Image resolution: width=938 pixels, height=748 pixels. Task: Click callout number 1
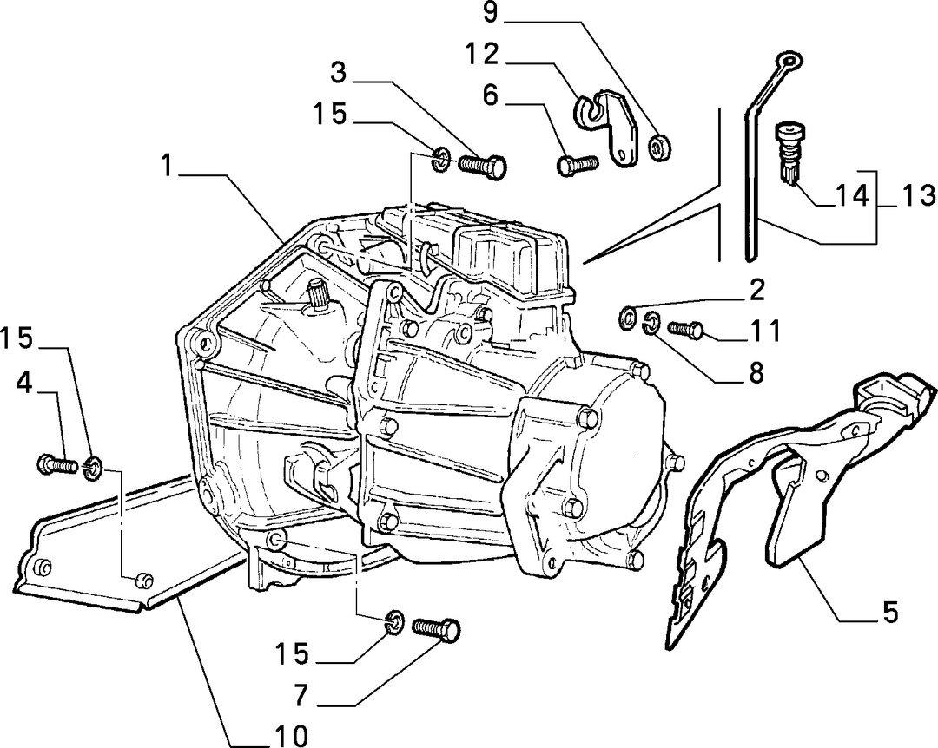(x=168, y=166)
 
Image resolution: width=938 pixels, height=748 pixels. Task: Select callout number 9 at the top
(x=491, y=12)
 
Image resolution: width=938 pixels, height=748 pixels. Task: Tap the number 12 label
(x=482, y=55)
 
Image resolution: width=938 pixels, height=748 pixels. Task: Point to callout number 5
(x=891, y=613)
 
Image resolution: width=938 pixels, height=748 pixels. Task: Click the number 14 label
(x=852, y=195)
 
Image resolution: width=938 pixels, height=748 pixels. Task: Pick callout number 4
(x=24, y=384)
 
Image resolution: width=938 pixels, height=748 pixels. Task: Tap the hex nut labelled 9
(x=661, y=148)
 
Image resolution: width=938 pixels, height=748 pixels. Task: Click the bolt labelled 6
(x=578, y=164)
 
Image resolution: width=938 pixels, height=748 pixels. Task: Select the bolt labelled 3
(x=483, y=164)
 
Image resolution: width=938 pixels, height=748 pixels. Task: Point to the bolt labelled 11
(x=686, y=328)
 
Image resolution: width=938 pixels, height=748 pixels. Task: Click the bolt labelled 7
(x=437, y=629)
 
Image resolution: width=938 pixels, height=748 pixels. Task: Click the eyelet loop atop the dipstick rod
(x=789, y=61)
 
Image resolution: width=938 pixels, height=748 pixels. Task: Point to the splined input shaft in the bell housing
(x=318, y=295)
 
